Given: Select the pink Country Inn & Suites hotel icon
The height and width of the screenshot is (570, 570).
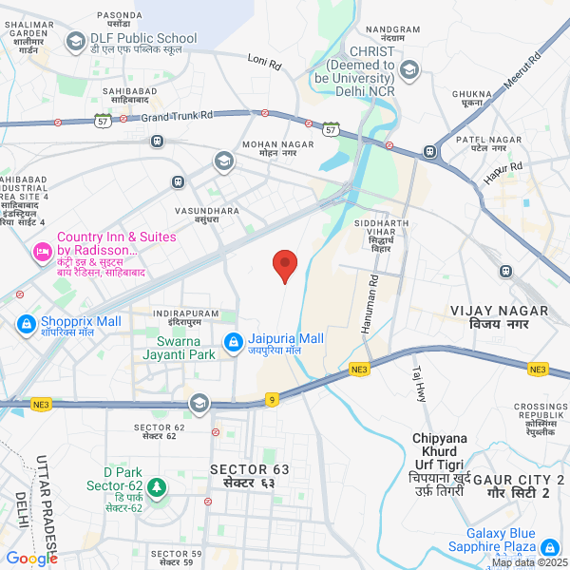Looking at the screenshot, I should pyautogui.click(x=42, y=252).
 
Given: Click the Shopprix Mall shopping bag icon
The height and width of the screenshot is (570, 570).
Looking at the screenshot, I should pyautogui.click(x=27, y=323).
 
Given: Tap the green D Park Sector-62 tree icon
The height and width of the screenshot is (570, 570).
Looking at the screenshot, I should pyautogui.click(x=157, y=488).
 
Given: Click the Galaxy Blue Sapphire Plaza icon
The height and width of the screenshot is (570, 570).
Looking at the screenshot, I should pyautogui.click(x=549, y=548).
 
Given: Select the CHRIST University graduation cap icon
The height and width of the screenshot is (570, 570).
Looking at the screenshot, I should pyautogui.click(x=409, y=68).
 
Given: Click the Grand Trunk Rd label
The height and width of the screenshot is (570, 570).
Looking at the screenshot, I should pyautogui.click(x=178, y=116).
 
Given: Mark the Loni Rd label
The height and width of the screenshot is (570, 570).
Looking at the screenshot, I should pyautogui.click(x=265, y=64).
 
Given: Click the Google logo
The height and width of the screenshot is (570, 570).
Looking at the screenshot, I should pyautogui.click(x=32, y=558).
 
